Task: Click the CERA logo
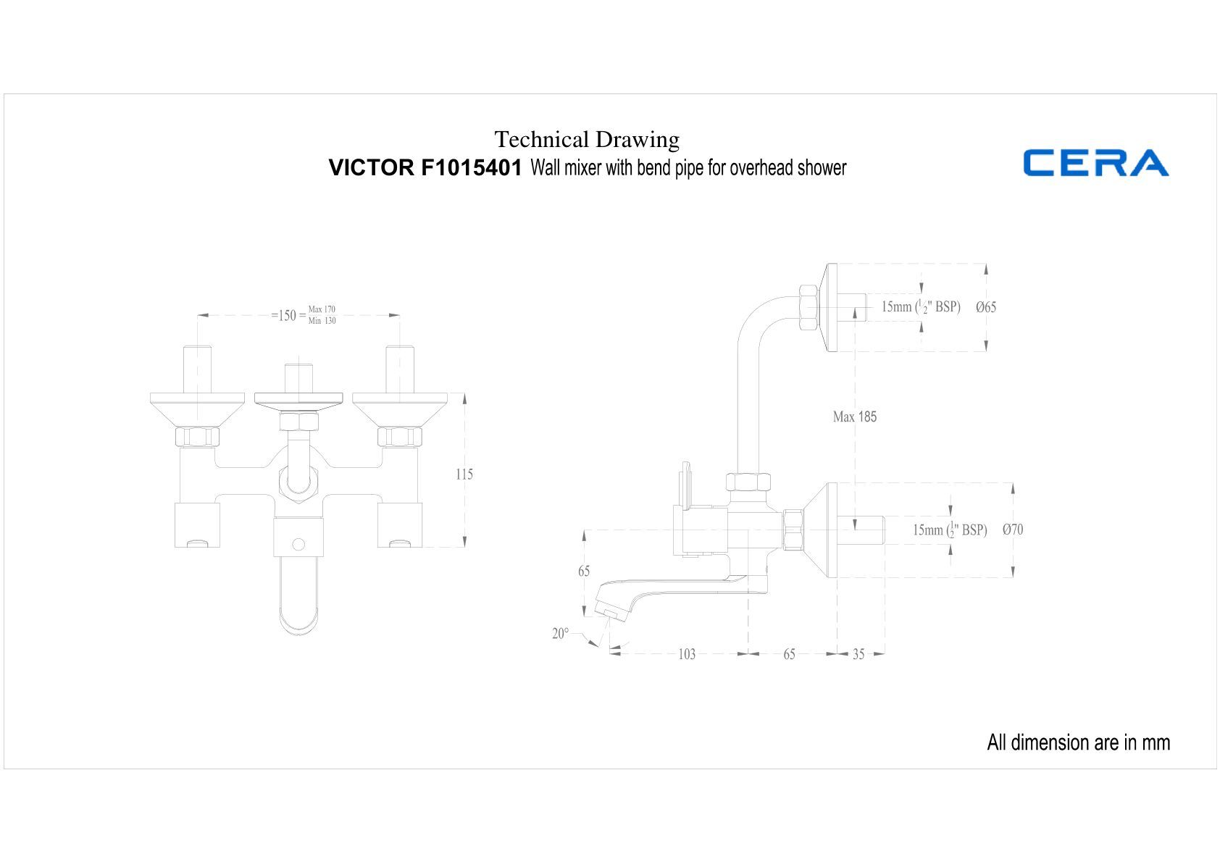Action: click(x=1095, y=163)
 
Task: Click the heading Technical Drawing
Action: click(x=587, y=139)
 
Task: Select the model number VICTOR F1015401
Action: click(x=425, y=168)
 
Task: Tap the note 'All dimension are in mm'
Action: click(x=1078, y=742)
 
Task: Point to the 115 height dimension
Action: click(x=464, y=474)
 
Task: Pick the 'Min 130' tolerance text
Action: click(x=322, y=321)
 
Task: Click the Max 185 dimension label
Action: click(x=855, y=417)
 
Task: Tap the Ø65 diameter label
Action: click(x=986, y=307)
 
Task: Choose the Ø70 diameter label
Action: click(x=1013, y=530)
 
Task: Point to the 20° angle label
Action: click(x=561, y=634)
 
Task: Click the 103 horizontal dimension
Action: click(x=686, y=655)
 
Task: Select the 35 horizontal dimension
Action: click(x=858, y=655)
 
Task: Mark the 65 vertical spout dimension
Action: click(x=584, y=572)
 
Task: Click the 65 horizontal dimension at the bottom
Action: click(x=789, y=655)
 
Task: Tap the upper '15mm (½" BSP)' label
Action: click(x=921, y=307)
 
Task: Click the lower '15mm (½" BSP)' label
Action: click(x=950, y=530)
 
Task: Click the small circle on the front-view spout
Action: click(x=298, y=543)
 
